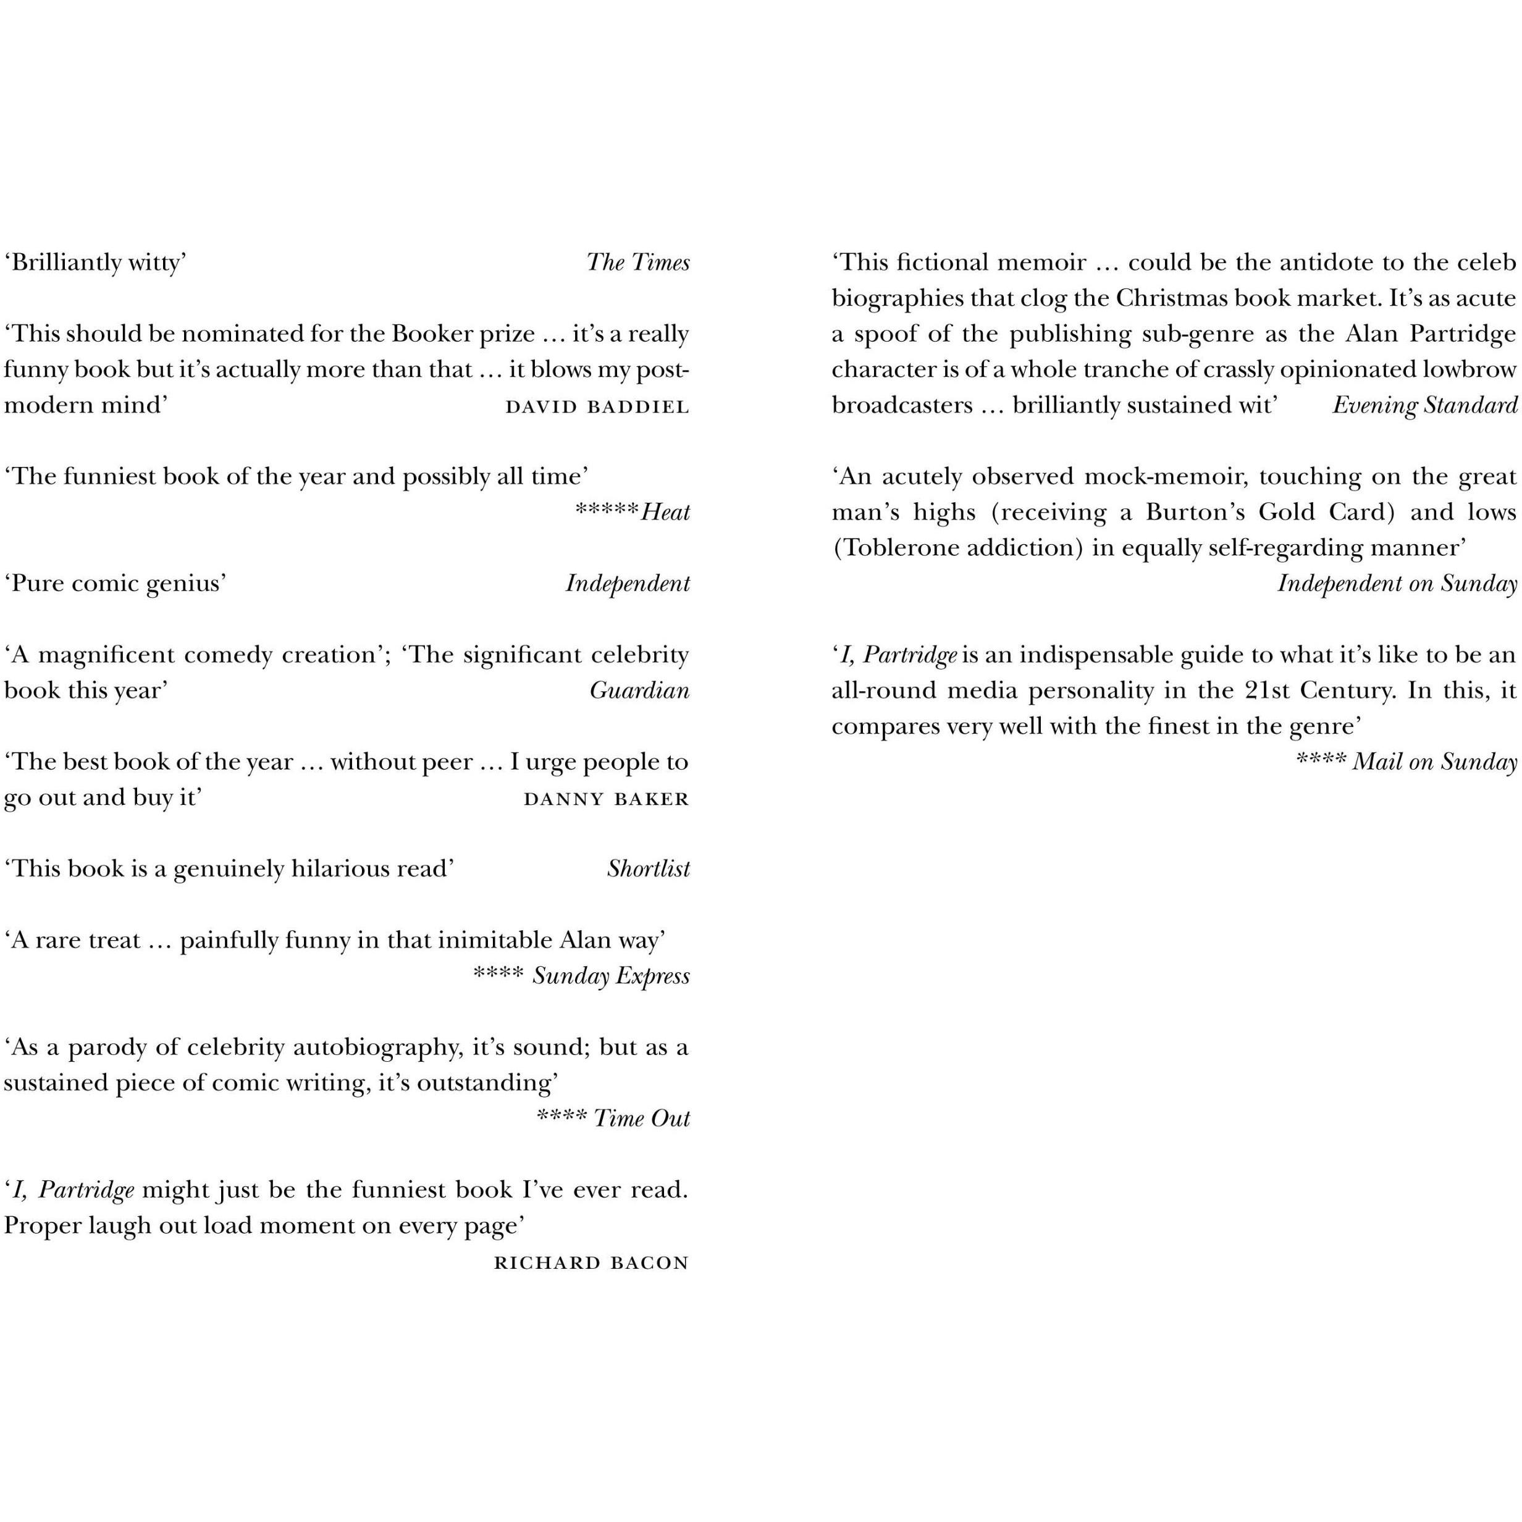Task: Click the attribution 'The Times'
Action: pos(637,263)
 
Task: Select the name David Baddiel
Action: pos(597,406)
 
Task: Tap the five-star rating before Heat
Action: pos(607,510)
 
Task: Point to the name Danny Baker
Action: pos(607,799)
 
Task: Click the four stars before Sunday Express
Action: pos(498,973)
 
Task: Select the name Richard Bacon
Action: pos(592,1263)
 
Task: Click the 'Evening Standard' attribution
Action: pos(1424,405)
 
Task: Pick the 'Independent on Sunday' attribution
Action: pos(1397,583)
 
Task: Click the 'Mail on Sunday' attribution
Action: pos(1434,761)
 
